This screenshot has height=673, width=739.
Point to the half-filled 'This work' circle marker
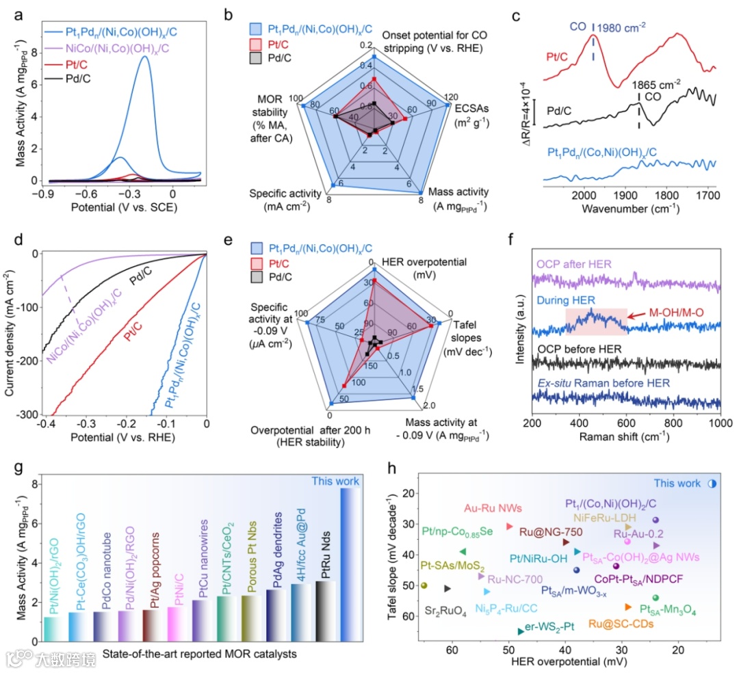[x=712, y=484]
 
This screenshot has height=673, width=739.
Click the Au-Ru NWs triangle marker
[x=509, y=526]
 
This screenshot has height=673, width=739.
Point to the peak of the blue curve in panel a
[x=144, y=57]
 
